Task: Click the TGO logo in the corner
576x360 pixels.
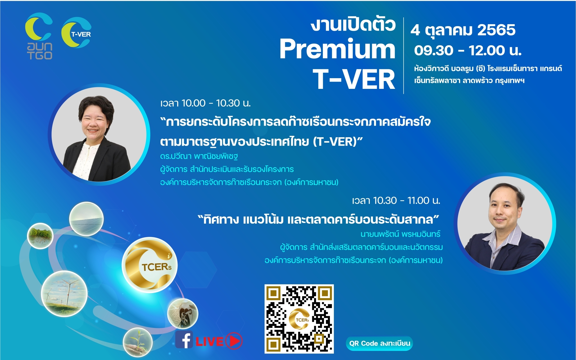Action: (39, 36)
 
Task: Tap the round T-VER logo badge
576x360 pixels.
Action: (76, 32)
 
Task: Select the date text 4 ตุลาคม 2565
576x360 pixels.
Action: (463, 30)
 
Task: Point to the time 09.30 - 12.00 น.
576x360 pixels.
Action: (468, 51)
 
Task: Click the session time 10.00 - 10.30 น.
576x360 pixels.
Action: (205, 103)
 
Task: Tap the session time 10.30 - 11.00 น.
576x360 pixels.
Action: (396, 201)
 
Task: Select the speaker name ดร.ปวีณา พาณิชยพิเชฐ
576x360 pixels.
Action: (199, 156)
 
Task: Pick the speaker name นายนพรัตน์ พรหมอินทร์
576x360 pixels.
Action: (400, 234)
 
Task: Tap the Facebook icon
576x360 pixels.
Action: (184, 340)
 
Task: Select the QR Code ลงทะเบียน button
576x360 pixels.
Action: (379, 343)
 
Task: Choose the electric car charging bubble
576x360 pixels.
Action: (183, 314)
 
